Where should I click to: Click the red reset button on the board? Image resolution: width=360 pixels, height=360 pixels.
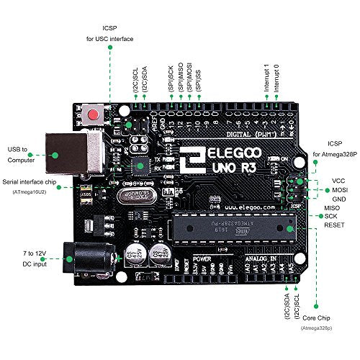[x=92, y=114]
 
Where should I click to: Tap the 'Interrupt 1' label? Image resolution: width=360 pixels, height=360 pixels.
[x=266, y=78]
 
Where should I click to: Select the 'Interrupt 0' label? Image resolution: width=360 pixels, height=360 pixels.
[x=276, y=78]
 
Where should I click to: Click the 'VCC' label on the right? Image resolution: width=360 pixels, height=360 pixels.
[x=330, y=181]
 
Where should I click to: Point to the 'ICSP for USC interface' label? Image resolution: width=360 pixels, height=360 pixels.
[x=111, y=33]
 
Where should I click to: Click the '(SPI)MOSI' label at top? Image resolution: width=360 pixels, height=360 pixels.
[x=189, y=77]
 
